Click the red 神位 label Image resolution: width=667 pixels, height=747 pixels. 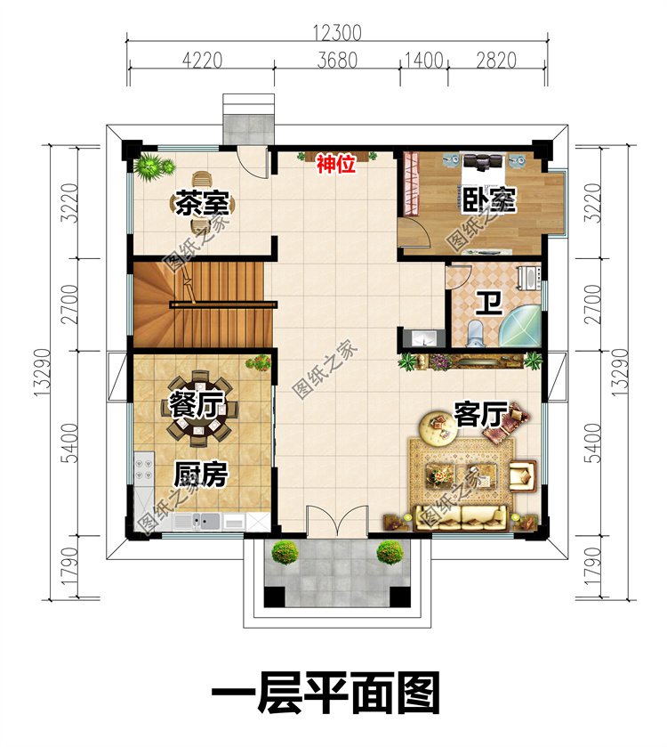point(337,164)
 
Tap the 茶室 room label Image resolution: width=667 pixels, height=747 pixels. point(201,203)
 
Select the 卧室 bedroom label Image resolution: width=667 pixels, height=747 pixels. point(488,199)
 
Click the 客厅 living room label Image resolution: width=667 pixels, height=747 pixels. point(480,413)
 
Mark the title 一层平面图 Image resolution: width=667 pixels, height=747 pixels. point(325,694)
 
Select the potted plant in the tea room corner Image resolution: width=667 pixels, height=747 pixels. point(152,166)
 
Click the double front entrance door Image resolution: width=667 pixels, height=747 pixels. point(336,523)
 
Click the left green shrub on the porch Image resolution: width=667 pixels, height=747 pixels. point(285,552)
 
